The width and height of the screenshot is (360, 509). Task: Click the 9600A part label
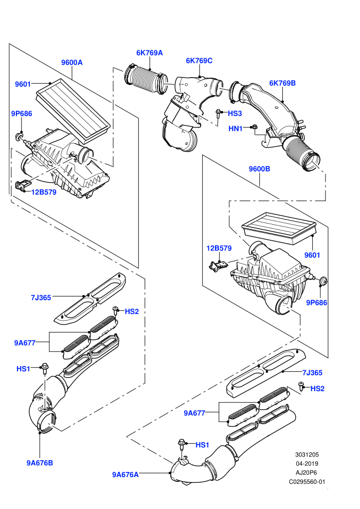(71, 62)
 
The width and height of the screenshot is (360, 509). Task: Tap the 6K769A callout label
(149, 52)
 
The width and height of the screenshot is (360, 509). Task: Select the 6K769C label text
(199, 60)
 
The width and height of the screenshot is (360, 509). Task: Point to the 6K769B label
(282, 83)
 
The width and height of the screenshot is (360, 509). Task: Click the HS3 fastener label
(235, 113)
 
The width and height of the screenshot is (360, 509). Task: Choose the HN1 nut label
(236, 129)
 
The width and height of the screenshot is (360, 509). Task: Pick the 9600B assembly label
(259, 169)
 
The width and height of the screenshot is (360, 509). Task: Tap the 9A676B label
(40, 463)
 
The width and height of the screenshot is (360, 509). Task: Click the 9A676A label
(125, 475)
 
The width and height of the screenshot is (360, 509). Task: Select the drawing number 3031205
(307, 455)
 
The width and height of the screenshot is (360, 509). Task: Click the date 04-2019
(307, 464)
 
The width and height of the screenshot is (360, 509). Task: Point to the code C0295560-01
(307, 482)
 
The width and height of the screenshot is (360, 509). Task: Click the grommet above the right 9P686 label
(322, 280)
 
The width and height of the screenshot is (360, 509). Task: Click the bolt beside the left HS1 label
(44, 368)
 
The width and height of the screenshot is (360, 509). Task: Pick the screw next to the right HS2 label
(301, 386)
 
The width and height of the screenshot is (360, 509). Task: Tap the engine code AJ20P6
(307, 472)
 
